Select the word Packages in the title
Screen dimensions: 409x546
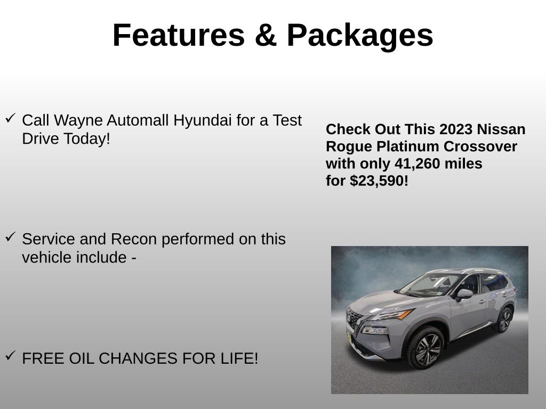360,36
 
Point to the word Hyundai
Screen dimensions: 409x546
203,120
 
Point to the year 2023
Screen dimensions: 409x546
456,129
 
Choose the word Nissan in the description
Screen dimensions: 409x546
501,129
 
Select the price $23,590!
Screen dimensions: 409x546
379,181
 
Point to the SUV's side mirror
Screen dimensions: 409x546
463,293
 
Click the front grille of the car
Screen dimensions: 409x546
355,320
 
